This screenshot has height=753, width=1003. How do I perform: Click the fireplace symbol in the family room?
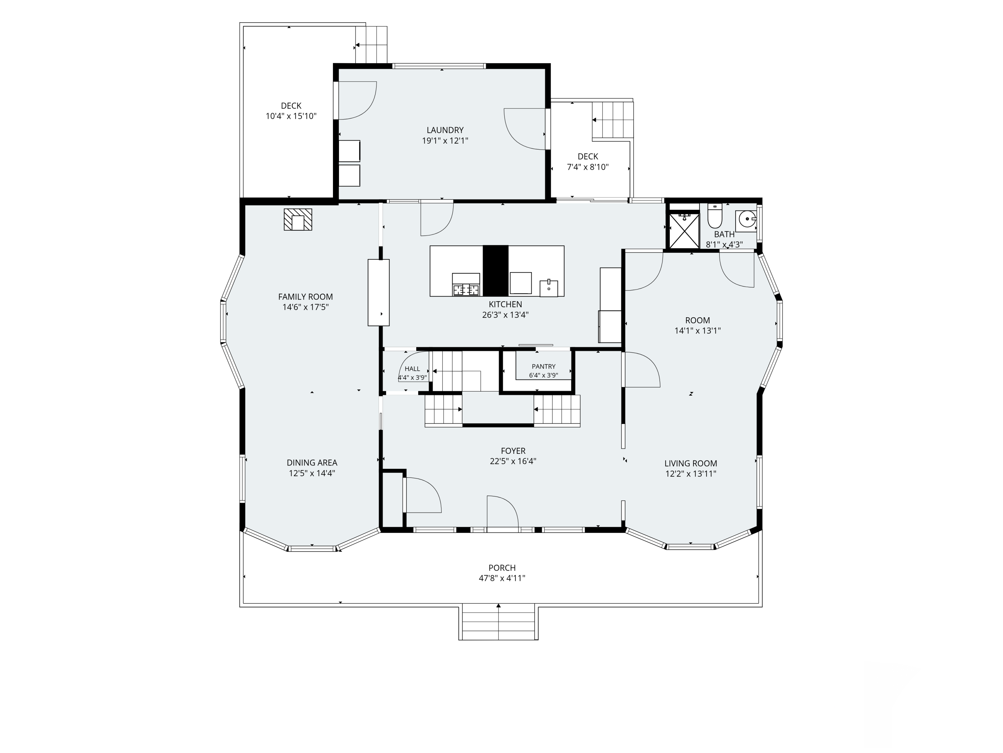[x=298, y=220]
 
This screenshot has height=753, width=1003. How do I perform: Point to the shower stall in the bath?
[x=684, y=231]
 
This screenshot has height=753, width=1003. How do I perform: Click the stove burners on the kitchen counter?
[x=466, y=289]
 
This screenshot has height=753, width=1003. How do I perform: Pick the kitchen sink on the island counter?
[x=549, y=288]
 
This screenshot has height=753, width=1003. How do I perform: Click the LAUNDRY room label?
[x=445, y=130]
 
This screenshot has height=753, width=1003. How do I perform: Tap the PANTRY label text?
[x=543, y=366]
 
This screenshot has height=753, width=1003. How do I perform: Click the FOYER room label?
[x=513, y=451]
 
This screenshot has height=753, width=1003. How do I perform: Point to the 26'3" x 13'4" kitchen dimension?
[x=505, y=315]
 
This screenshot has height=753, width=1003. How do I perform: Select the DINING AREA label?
[x=312, y=463]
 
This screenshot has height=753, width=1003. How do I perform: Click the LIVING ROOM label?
[x=691, y=464]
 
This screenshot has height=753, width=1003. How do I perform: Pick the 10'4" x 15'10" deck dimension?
[x=291, y=116]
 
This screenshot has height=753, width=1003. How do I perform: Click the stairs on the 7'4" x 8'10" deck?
[x=612, y=120]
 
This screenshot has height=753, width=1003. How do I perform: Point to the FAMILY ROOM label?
[x=305, y=297]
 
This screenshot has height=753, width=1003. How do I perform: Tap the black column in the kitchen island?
[x=495, y=271]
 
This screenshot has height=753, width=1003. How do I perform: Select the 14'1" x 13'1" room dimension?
[x=697, y=331]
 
